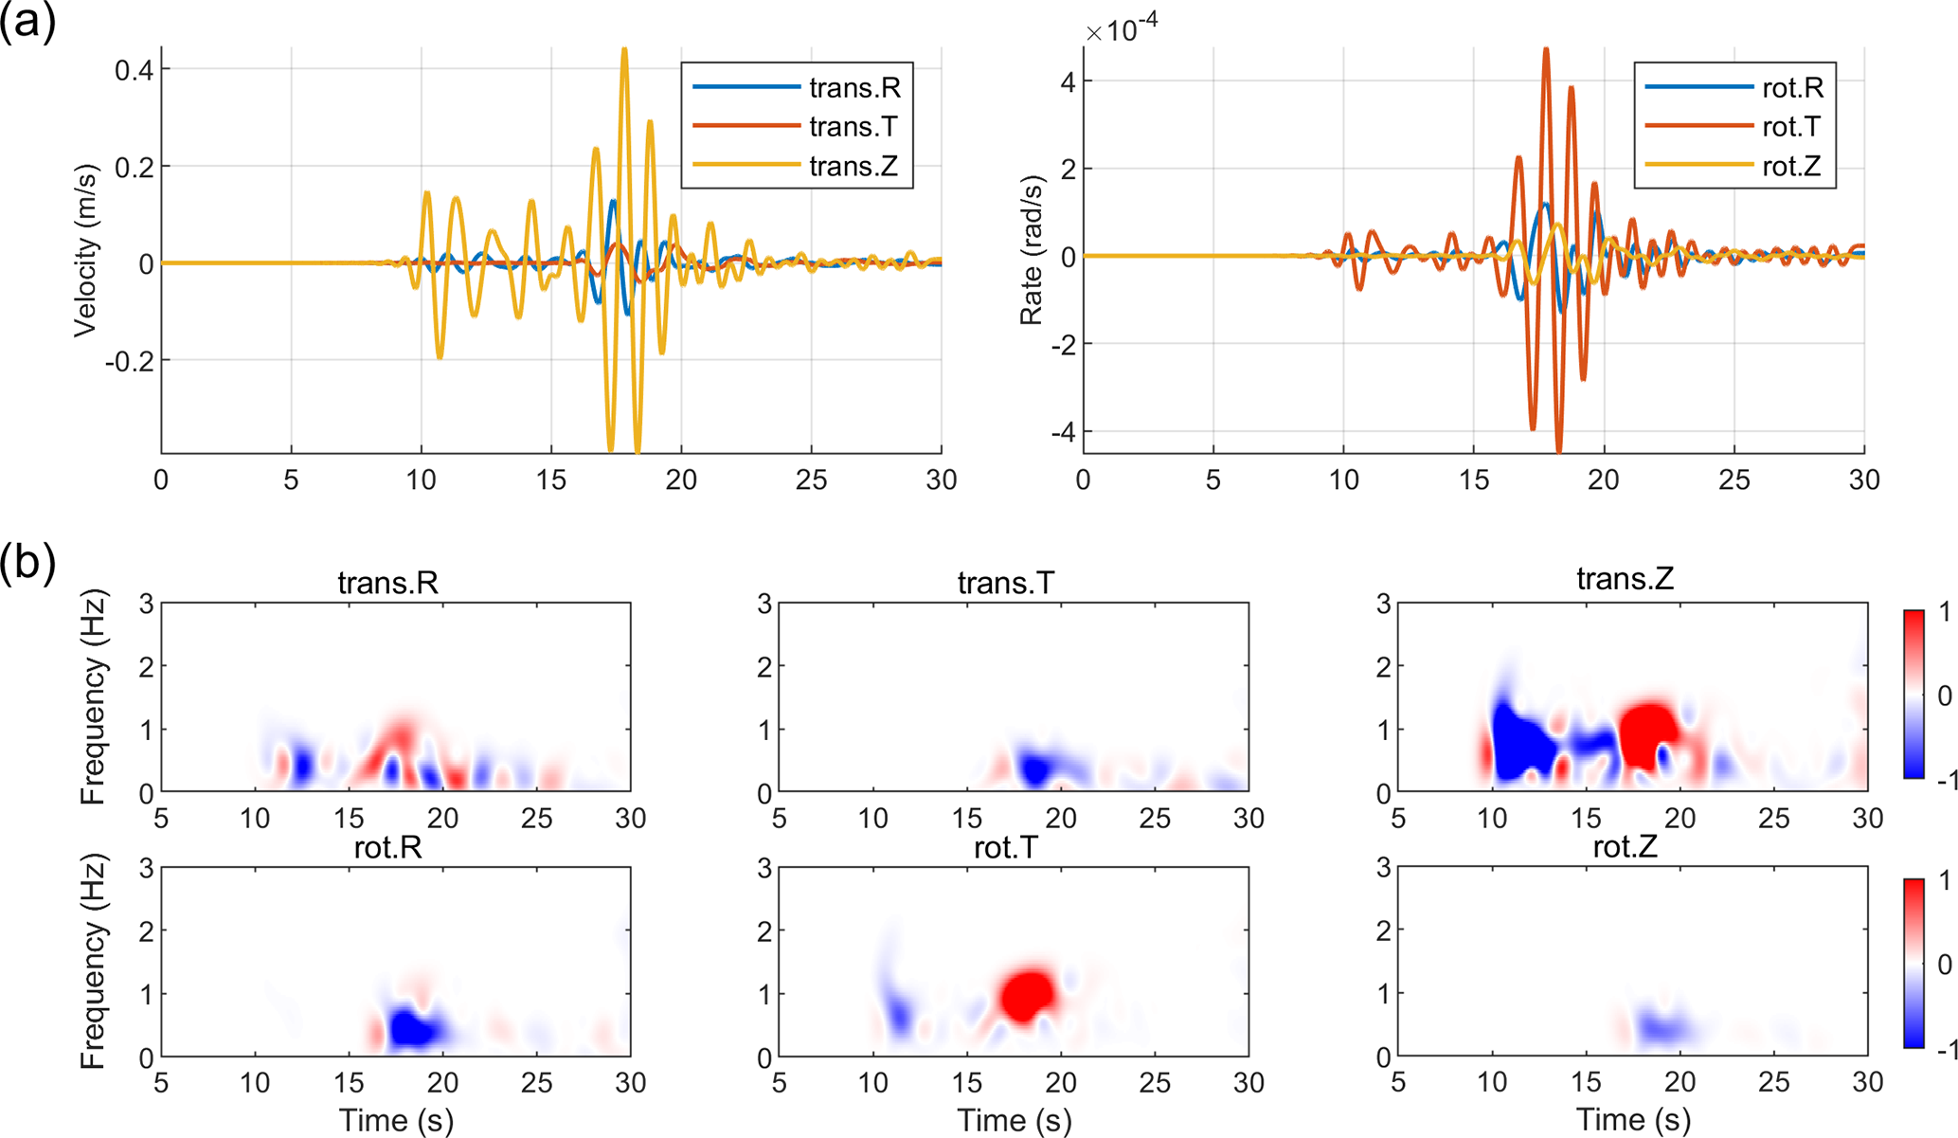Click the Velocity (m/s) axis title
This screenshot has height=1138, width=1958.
pyautogui.click(x=85, y=250)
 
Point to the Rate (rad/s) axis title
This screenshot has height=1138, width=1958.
pyautogui.click(x=1031, y=250)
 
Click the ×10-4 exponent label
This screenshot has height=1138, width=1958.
pyautogui.click(x=1122, y=30)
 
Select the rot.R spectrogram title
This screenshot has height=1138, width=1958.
pyautogui.click(x=387, y=847)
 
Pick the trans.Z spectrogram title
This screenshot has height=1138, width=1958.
pyautogui.click(x=1625, y=579)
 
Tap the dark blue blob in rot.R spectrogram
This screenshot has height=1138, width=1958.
pyautogui.click(x=411, y=1028)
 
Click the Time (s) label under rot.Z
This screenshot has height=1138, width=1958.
pyautogui.click(x=1634, y=1121)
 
